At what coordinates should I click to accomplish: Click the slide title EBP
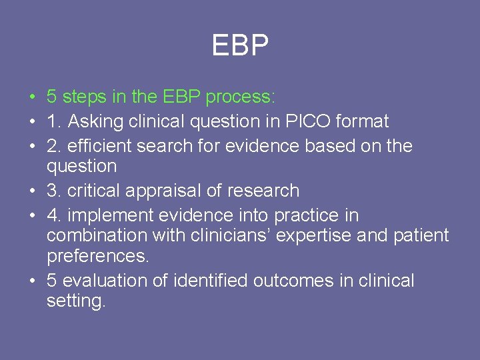coord(240,46)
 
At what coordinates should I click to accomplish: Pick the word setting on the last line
coord(75,301)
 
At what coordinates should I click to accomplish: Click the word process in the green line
coord(239,97)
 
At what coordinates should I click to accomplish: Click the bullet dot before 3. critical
coord(32,191)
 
